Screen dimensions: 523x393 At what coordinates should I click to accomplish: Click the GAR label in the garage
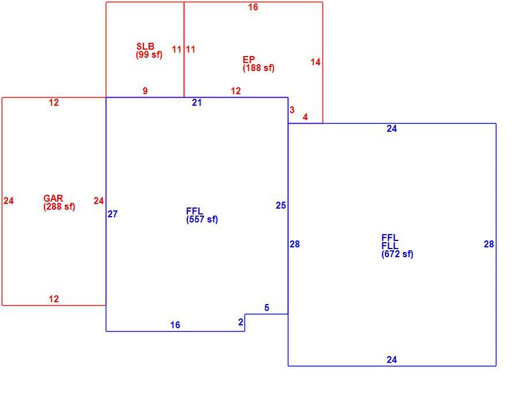[x=53, y=198]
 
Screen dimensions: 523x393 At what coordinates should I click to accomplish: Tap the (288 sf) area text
[x=59, y=207]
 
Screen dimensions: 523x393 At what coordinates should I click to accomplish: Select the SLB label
[x=146, y=46]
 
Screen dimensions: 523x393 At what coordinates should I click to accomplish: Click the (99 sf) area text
[x=149, y=55]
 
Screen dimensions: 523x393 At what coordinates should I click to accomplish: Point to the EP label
[x=249, y=60]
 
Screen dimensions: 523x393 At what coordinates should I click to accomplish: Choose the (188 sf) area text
[x=258, y=68]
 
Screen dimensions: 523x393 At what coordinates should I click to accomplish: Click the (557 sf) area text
[x=202, y=220]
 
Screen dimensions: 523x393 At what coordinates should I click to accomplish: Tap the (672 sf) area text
[x=397, y=254]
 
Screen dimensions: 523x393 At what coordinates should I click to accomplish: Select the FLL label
[x=390, y=246]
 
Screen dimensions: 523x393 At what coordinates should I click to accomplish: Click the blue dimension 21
[x=197, y=103]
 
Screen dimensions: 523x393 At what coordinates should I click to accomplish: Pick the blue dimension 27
[x=113, y=214]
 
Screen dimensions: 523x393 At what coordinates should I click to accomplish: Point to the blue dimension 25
[x=281, y=206]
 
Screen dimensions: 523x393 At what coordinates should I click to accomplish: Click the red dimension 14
[x=316, y=62]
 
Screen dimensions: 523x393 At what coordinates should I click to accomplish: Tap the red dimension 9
[x=145, y=91]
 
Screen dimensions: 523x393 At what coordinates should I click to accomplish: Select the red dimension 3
[x=292, y=110]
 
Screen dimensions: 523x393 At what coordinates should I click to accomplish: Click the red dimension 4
[x=305, y=117]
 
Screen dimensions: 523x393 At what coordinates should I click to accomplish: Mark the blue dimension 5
[x=266, y=307]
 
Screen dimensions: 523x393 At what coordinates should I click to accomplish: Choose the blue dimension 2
[x=241, y=322]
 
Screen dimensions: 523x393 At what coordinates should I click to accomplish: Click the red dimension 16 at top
[x=253, y=7]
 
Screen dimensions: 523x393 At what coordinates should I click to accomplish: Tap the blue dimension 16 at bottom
[x=175, y=325]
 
